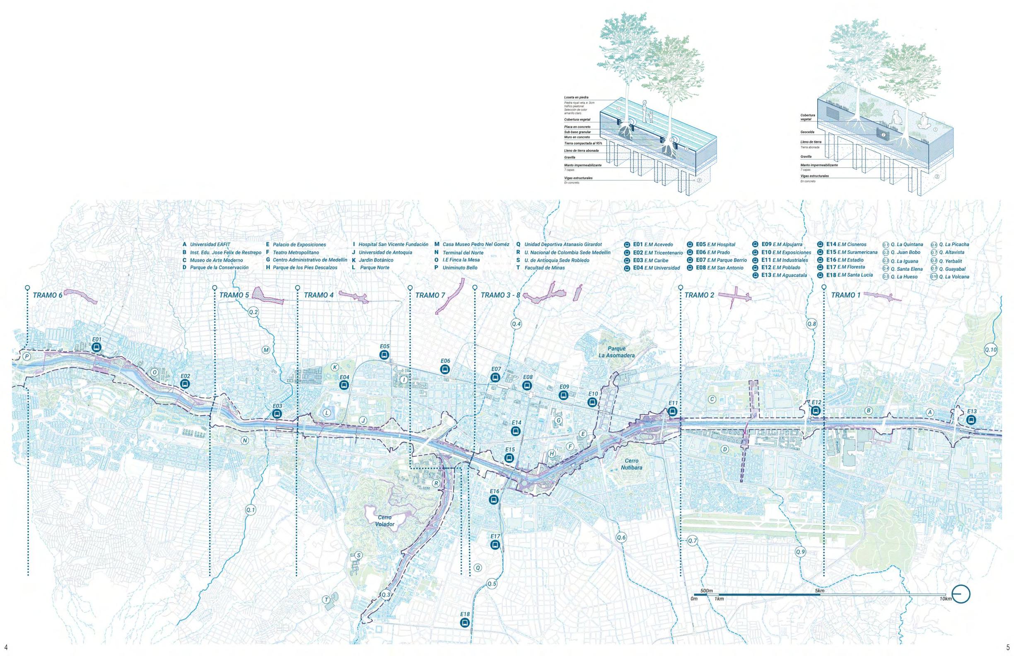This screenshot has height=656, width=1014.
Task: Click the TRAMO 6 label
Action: (x=47, y=295)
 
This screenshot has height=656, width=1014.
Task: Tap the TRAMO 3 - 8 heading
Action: (x=500, y=295)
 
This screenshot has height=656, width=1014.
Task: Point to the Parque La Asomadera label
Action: (x=616, y=352)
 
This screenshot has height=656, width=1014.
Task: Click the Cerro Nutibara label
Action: (x=631, y=464)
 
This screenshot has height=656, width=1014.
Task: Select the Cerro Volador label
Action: (x=385, y=521)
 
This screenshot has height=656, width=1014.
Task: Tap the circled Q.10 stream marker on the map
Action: (x=991, y=350)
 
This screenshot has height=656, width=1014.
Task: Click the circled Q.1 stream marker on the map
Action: (x=251, y=509)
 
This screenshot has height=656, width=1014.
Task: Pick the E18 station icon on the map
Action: (x=465, y=622)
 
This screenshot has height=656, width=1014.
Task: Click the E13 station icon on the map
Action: (x=971, y=420)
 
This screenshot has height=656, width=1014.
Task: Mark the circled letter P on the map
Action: (x=27, y=356)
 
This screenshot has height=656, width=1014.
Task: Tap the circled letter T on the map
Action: (x=326, y=600)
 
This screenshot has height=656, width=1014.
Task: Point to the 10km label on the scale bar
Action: (x=945, y=599)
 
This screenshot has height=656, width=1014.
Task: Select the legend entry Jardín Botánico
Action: (x=376, y=260)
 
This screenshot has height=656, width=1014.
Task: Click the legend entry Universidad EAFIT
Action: (x=210, y=244)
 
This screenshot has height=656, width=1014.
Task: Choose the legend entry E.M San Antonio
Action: (x=725, y=268)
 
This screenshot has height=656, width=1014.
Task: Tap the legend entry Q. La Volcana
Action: (x=954, y=277)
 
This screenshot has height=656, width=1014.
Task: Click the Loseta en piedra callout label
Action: (x=576, y=98)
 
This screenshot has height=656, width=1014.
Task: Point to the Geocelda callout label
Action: (x=807, y=132)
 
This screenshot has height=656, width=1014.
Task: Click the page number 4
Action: (x=5, y=647)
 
